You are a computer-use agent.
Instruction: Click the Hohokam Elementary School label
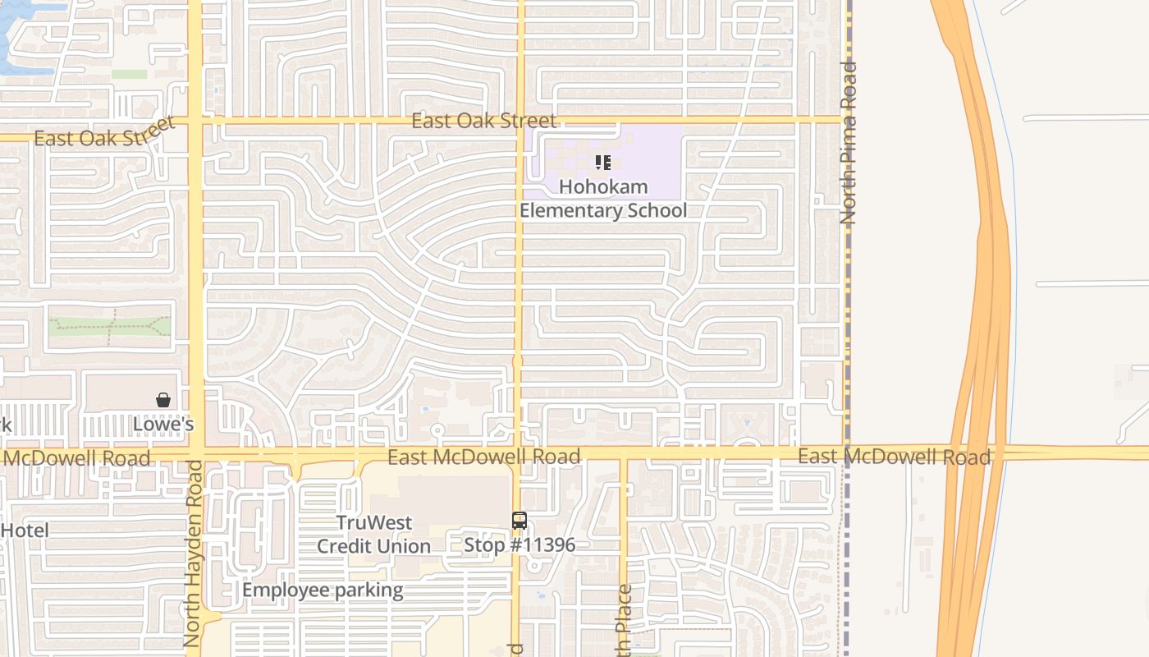(x=603, y=199)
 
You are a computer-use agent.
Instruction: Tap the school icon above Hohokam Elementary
(x=603, y=163)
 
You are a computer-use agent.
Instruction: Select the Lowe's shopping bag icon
(x=163, y=400)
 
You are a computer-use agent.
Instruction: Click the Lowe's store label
(x=163, y=425)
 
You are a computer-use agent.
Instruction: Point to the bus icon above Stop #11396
(x=519, y=520)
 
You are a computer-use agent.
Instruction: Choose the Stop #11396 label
(x=520, y=544)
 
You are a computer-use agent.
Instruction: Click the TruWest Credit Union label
(x=373, y=535)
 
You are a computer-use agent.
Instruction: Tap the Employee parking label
(x=323, y=590)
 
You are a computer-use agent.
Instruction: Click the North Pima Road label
(x=849, y=144)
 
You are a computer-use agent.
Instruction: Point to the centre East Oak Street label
(x=483, y=121)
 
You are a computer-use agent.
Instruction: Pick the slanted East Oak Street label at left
(x=105, y=132)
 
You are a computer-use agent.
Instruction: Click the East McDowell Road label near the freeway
(x=895, y=457)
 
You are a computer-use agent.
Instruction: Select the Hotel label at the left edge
(x=25, y=531)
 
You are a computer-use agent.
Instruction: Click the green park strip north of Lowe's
(x=109, y=325)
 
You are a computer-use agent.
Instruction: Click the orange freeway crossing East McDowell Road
(x=973, y=453)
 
